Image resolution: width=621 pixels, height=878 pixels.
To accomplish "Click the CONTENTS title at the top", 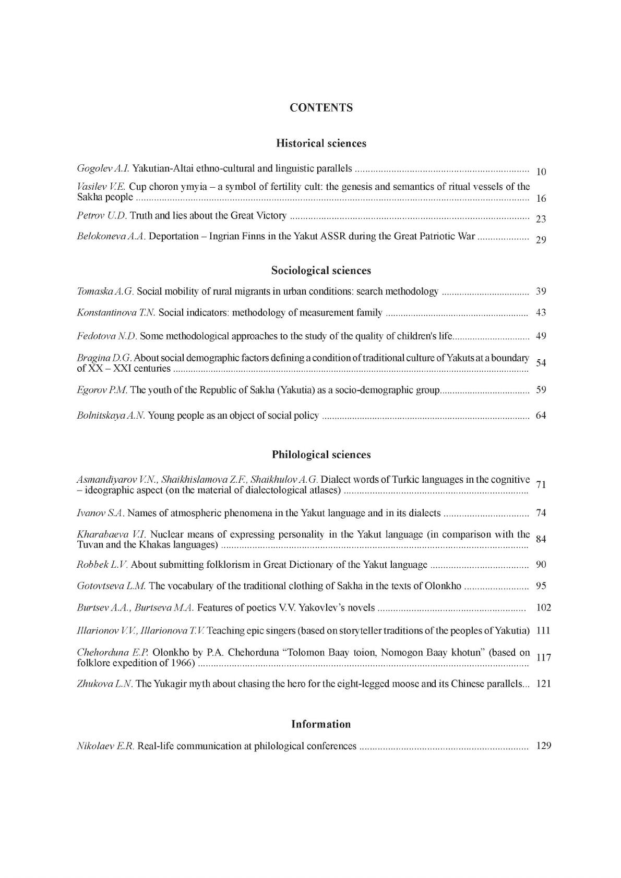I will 321,108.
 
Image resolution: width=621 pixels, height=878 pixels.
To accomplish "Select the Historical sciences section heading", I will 321,143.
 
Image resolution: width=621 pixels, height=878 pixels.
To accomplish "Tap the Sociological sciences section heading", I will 321,271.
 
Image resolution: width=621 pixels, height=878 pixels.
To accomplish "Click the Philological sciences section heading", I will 321,455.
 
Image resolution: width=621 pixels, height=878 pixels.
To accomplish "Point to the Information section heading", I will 321,724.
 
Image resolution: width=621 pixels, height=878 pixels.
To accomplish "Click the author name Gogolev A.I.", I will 103,168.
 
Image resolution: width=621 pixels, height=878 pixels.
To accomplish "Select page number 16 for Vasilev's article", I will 541,199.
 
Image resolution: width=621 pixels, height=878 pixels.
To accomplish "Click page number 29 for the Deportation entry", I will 541,240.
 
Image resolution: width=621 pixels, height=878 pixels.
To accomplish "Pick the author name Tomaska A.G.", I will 105,291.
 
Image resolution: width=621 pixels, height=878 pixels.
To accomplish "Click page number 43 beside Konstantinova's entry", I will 541,313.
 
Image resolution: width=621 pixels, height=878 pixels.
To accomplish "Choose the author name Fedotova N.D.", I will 107,336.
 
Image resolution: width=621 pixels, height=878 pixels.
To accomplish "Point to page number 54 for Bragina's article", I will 541,363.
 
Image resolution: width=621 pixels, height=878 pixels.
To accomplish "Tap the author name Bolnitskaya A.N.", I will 111,416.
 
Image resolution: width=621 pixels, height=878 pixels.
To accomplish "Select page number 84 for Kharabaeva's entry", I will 541,539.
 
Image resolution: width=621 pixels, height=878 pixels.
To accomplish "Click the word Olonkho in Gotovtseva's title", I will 443,586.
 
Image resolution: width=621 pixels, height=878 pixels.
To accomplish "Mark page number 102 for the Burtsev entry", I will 543,607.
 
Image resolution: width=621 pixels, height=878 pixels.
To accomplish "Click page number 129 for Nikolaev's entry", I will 543,746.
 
